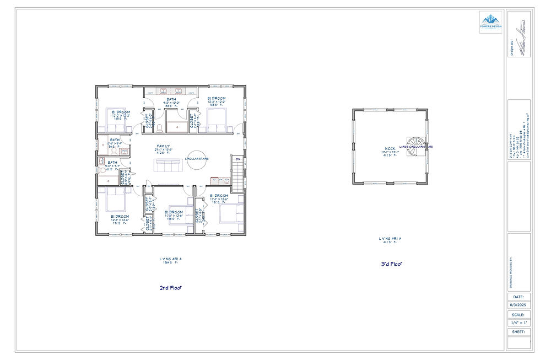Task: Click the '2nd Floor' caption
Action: pos(170,287)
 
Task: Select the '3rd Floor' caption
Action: pos(391,264)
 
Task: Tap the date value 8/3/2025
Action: pos(519,305)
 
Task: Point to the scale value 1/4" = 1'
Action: pos(519,323)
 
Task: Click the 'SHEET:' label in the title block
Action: pos(519,332)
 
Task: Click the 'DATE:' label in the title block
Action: pos(519,297)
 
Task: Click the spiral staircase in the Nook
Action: pos(415,146)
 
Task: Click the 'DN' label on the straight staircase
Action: pos(237,159)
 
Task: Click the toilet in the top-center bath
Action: pos(159,128)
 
